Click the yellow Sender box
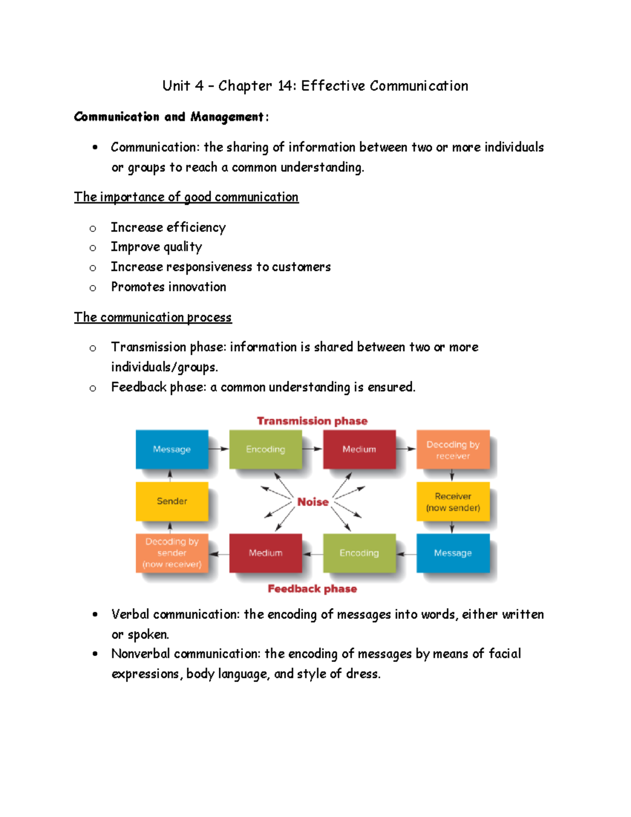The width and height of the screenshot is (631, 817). pos(172,501)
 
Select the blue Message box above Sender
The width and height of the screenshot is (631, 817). pos(172,449)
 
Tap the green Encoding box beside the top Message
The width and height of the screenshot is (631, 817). pos(266,449)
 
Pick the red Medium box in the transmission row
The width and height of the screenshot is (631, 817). pos(359,449)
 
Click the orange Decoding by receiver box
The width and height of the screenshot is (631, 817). pos(453,449)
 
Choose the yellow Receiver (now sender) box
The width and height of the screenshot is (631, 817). pos(453,501)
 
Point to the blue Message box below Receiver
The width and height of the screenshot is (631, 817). pos(453,553)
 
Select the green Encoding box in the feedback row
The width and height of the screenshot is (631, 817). pos(359,553)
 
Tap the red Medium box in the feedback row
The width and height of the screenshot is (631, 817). pos(266,553)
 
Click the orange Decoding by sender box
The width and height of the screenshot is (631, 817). pos(172,552)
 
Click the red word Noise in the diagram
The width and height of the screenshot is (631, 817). pos(313,502)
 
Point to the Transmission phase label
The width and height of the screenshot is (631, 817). pos(312,421)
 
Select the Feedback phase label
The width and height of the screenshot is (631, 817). pos(312,589)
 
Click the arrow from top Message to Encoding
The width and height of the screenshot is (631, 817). pos(219,449)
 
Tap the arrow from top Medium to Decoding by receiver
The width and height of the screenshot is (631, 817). pos(406,449)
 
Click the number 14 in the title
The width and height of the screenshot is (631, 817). pos(286,86)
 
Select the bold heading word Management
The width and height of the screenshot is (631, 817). pos(227,117)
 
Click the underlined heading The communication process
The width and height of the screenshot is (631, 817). pos(152,317)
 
